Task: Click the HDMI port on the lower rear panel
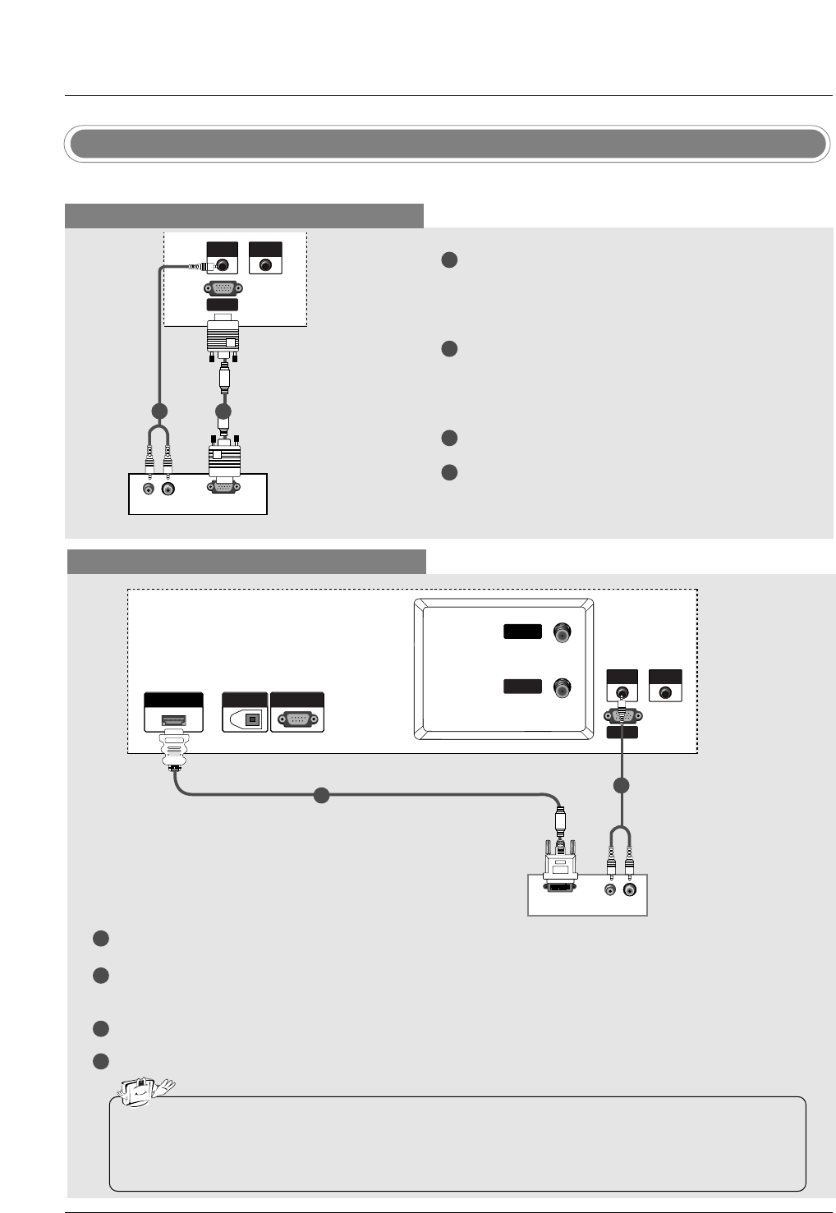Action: [173, 720]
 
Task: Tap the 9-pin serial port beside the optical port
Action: [296, 719]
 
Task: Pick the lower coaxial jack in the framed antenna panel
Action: [563, 687]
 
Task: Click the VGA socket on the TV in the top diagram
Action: [222, 288]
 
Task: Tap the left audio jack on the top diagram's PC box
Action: [149, 489]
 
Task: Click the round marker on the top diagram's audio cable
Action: [159, 410]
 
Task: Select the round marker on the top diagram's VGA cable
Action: [223, 410]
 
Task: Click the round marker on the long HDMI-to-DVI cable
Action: [322, 795]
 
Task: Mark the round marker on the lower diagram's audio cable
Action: [622, 786]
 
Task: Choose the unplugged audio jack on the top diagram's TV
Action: [264, 265]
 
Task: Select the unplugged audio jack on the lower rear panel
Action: [664, 692]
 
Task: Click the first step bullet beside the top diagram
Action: [448, 260]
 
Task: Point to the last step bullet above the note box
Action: [100, 1061]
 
